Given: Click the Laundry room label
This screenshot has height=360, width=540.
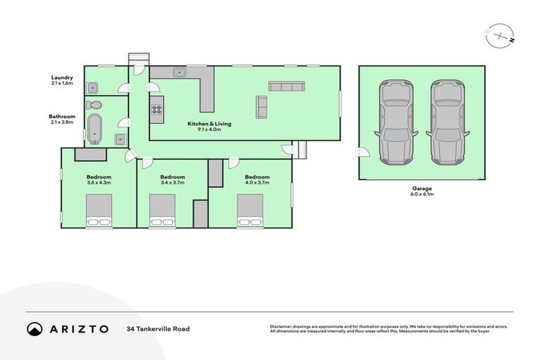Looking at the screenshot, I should (x=62, y=77).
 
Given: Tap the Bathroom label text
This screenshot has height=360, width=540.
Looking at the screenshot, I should (x=62, y=116).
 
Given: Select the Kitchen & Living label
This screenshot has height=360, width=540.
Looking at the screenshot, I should (x=209, y=124).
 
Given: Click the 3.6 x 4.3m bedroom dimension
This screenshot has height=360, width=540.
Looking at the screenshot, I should (x=98, y=183).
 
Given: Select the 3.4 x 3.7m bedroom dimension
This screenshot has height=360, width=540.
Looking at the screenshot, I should (x=172, y=183).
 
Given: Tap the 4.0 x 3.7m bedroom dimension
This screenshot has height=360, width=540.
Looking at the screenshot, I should (x=257, y=183).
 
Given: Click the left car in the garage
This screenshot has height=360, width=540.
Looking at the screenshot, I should (x=396, y=122).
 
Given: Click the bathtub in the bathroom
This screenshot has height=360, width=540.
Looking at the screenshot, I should (x=94, y=130).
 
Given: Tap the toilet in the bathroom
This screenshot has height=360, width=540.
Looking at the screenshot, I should (x=94, y=105).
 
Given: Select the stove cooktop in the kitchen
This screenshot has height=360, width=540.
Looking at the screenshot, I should (x=156, y=110).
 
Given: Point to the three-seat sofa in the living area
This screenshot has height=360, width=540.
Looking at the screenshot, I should (x=287, y=86).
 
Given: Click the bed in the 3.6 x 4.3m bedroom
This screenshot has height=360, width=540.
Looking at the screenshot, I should (x=98, y=211).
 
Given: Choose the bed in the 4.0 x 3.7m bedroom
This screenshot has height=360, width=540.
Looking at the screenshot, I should (x=250, y=211).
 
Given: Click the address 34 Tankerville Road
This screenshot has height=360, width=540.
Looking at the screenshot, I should (x=158, y=328).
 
